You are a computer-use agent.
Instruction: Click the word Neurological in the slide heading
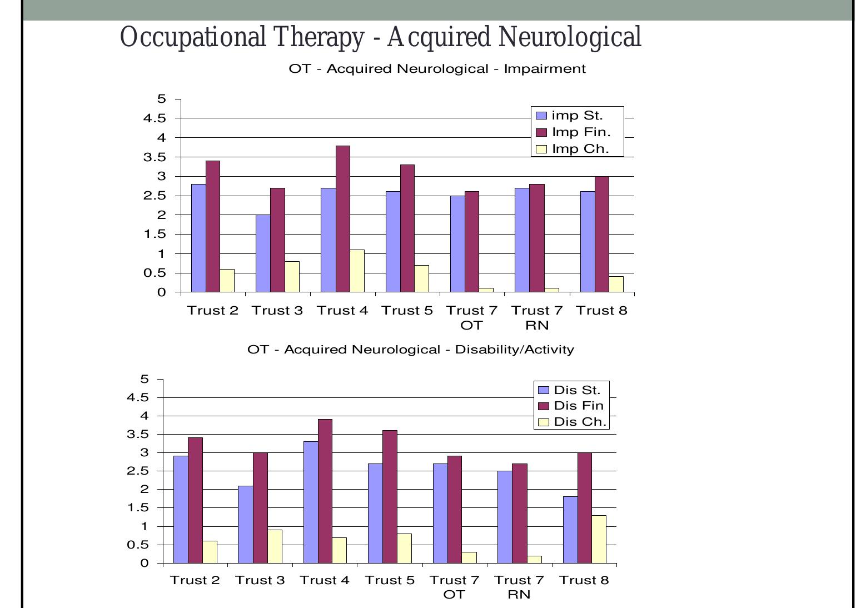click(570, 38)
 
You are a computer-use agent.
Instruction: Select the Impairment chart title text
click(437, 69)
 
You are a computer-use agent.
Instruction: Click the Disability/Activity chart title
click(411, 350)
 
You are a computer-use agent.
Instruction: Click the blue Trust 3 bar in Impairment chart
click(263, 253)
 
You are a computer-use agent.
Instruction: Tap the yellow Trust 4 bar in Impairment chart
click(357, 271)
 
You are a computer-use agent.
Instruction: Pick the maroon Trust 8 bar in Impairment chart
click(602, 234)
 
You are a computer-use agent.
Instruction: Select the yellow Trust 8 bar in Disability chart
click(599, 539)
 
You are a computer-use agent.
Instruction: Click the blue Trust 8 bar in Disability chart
click(570, 530)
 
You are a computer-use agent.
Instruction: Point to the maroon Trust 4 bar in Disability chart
click(325, 491)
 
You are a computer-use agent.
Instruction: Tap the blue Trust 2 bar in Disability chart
click(181, 510)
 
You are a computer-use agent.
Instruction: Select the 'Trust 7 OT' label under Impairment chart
click(472, 317)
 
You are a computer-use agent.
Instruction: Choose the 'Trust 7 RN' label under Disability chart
click(519, 587)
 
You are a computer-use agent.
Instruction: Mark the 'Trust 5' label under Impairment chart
click(407, 311)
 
